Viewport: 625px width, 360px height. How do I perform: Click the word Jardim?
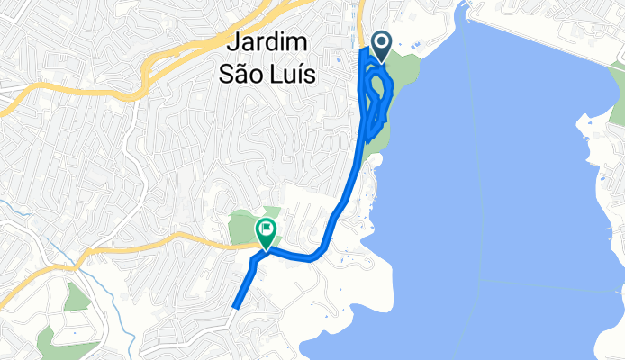click(x=268, y=42)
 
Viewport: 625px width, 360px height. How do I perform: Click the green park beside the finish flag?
click(x=241, y=225)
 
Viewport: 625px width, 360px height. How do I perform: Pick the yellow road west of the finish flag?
click(x=162, y=241)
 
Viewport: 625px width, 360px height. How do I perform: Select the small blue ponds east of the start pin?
click(x=414, y=45)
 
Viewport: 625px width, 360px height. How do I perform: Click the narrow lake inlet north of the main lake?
click(x=463, y=11)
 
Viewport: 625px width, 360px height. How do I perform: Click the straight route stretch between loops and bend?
click(x=347, y=193)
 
